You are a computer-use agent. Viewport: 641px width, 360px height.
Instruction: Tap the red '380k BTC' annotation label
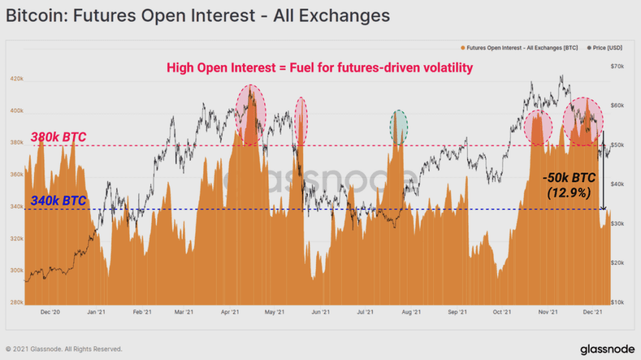coord(58,137)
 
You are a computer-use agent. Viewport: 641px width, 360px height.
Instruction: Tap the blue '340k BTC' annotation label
coord(58,202)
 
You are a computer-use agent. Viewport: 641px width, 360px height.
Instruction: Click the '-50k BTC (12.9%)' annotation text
coord(568,186)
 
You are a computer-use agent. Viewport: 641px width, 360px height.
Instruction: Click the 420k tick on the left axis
coord(17,79)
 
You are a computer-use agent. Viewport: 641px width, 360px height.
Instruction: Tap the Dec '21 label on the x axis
coord(592,311)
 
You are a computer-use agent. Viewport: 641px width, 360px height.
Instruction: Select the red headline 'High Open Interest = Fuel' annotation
coord(318,68)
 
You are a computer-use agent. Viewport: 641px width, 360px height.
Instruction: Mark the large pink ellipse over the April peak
coord(250,115)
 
